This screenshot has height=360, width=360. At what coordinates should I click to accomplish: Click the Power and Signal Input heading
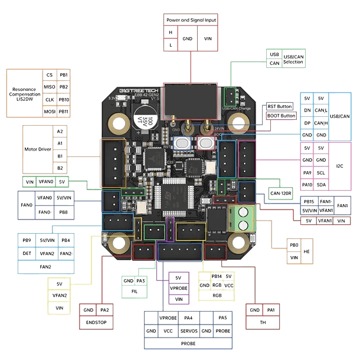(x=191, y=19)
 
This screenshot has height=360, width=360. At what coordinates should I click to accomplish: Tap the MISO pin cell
(x=50, y=87)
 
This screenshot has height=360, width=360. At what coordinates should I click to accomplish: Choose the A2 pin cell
(x=60, y=131)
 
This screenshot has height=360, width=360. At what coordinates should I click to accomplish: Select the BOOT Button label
(x=280, y=116)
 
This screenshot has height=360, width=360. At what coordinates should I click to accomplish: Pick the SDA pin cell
(x=321, y=185)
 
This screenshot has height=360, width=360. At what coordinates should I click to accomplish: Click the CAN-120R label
(x=281, y=193)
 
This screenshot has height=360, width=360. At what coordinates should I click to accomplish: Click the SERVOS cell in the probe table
(x=189, y=331)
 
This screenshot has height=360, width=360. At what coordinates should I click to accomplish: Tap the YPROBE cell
(x=178, y=289)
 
